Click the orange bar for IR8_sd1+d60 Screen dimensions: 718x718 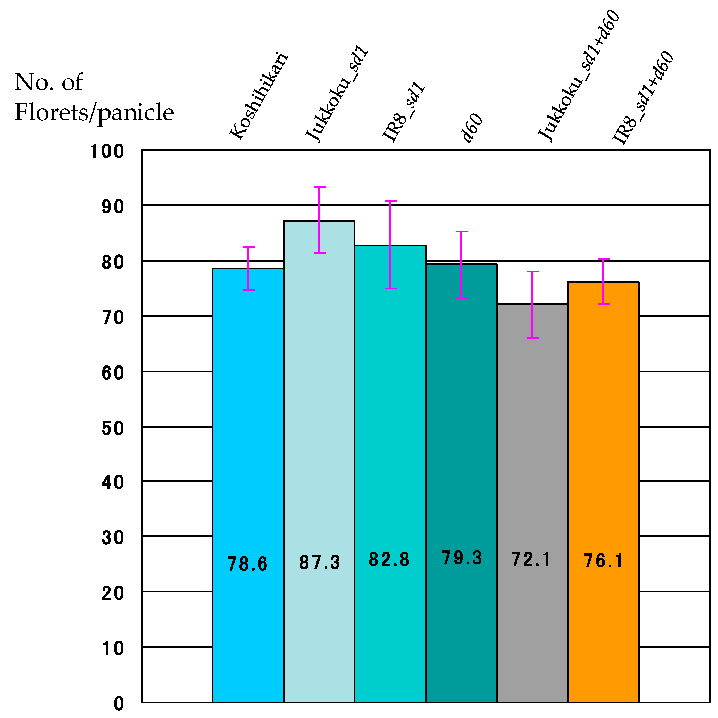[603, 446]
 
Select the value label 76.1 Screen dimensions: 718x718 [603, 561]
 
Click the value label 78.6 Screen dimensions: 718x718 [247, 564]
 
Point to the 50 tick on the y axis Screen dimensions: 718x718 [113, 429]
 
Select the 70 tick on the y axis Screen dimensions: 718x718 [113, 318]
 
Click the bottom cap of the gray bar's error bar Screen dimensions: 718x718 [532, 337]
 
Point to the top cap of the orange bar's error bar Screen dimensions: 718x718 [604, 260]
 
